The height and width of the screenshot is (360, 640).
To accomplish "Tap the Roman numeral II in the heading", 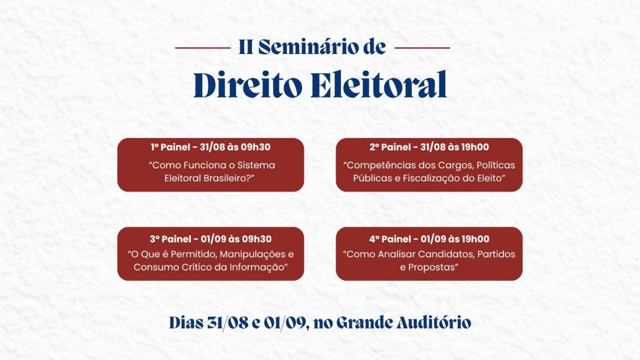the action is point(246,48).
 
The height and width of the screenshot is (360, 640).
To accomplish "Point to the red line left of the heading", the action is point(203,48).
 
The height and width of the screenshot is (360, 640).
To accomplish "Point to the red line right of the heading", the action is point(422,48).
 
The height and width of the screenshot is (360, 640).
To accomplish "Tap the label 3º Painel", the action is point(170,239).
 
